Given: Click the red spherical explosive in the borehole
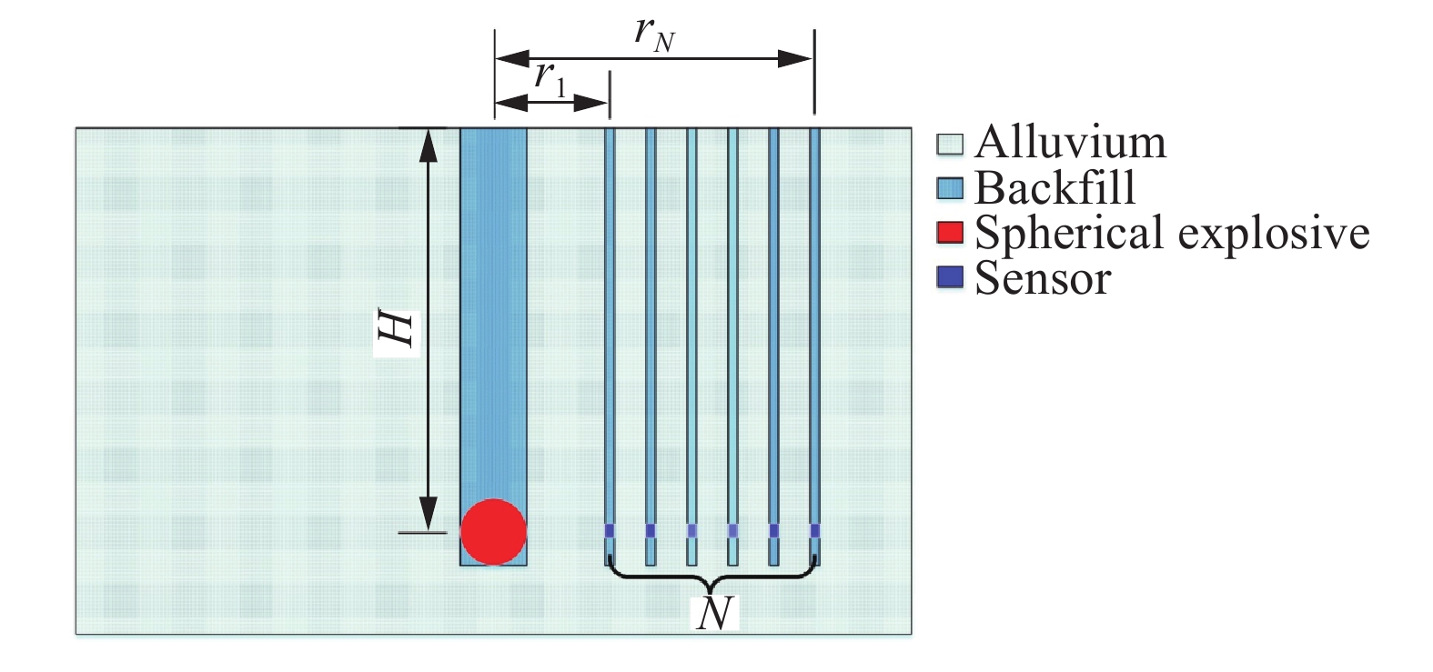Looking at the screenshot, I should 493,532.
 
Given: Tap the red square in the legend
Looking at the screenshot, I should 950,233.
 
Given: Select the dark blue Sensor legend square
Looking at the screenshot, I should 950,277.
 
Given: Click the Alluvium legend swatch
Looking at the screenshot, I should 950,144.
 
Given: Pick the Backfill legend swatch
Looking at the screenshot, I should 950,188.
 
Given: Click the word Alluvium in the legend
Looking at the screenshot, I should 1070,143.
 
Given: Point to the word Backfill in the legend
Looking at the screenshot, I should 1055,188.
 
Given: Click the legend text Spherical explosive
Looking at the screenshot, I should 1172,233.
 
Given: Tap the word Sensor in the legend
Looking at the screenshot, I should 1043,277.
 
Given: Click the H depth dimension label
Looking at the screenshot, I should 398,331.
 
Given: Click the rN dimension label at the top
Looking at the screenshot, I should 654,33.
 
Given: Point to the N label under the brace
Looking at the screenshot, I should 714,614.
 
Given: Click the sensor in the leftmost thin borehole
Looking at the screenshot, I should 610,530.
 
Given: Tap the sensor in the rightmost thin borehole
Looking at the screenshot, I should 814,530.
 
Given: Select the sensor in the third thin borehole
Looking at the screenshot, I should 691,530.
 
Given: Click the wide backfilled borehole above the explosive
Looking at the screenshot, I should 493,309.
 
